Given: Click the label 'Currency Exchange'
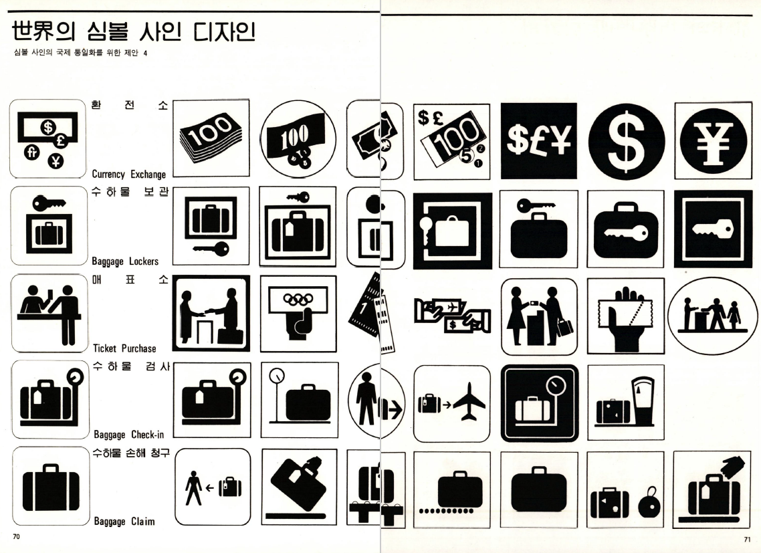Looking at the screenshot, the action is (128, 174).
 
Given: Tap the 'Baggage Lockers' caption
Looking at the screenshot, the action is (125, 261).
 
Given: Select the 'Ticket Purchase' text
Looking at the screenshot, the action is (125, 348).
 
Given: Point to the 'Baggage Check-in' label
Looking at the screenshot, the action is (128, 435).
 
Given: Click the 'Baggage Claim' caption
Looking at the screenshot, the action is (124, 522).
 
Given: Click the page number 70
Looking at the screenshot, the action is (17, 536).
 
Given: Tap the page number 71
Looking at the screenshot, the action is (747, 539).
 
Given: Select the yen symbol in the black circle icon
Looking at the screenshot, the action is (713, 141).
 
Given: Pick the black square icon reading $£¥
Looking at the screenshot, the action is (539, 141).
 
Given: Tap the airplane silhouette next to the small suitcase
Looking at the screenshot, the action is (469, 402).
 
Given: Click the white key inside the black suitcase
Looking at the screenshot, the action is (626, 233).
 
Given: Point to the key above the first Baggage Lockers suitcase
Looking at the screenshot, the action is (49, 203).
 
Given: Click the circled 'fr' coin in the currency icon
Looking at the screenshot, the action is (32, 152).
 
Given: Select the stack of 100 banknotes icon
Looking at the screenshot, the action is (211, 138).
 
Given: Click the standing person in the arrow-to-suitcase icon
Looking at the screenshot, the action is (194, 487).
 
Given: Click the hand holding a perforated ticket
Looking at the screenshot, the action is (626, 318).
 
